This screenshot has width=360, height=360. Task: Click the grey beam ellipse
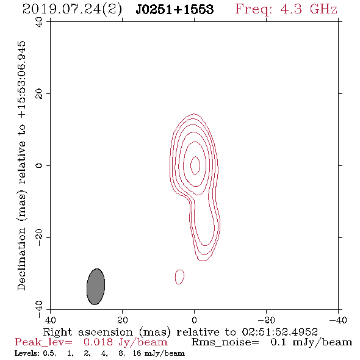click(96, 287)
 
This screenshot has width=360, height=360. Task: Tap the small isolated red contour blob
click(179, 277)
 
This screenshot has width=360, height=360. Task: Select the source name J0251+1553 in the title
click(175, 10)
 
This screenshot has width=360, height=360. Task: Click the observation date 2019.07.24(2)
click(72, 10)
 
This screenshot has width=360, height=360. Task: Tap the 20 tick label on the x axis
click(122, 320)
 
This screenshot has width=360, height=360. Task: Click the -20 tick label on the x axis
click(266, 320)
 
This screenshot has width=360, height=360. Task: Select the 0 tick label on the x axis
click(194, 320)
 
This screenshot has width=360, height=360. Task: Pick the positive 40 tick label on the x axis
click(50, 320)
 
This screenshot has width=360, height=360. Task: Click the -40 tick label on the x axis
click(338, 320)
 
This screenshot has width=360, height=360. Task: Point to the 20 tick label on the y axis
click(39, 94)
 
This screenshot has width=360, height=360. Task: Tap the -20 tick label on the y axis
click(39, 237)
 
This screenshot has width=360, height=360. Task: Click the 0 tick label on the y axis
click(39, 165)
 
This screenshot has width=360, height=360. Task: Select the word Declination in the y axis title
click(21, 259)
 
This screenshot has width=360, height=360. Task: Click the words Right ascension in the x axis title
click(88, 333)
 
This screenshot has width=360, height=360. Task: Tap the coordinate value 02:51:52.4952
click(280, 332)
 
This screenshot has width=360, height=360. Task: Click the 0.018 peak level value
click(98, 342)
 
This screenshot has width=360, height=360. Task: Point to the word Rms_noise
click(225, 342)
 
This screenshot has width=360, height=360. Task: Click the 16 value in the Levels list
click(137, 353)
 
